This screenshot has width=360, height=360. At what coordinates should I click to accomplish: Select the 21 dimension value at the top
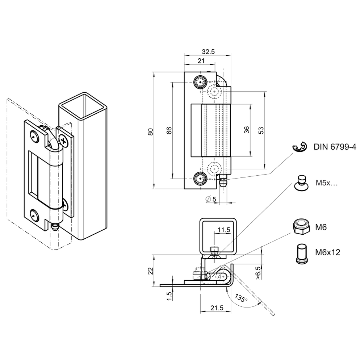pyautogui.click(x=202, y=60)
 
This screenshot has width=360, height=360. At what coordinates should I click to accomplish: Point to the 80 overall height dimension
pyautogui.click(x=151, y=131)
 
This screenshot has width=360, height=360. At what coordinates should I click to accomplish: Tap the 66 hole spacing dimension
pyautogui.click(x=169, y=131)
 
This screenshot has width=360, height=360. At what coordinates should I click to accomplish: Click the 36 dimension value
pyautogui.click(x=247, y=130)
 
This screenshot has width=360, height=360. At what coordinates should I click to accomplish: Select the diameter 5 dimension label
pyautogui.click(x=211, y=199)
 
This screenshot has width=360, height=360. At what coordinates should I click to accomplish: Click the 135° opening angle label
pyautogui.click(x=241, y=298)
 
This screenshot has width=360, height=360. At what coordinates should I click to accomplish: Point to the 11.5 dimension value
pyautogui.click(x=224, y=230)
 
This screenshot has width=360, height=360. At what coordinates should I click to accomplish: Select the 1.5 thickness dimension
pyautogui.click(x=169, y=296)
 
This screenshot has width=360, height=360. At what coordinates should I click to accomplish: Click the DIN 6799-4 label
pyautogui.click(x=335, y=147)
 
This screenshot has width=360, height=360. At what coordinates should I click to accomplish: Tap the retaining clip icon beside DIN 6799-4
pyautogui.click(x=299, y=147)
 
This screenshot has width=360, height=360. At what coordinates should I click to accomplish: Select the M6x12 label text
pyautogui.click(x=327, y=252)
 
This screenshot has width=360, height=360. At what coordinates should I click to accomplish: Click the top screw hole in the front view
pyautogui.click(x=200, y=83)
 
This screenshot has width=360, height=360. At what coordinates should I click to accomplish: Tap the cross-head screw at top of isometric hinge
pyautogui.click(x=64, y=141)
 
